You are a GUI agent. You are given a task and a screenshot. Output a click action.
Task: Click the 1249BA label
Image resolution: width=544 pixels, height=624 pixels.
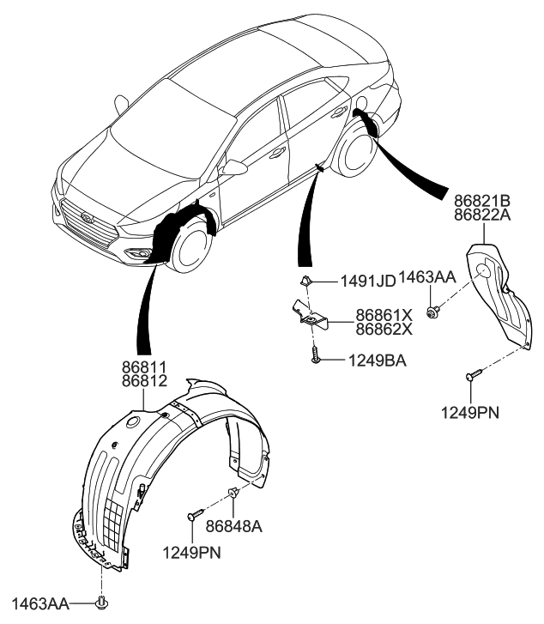[x=376, y=361]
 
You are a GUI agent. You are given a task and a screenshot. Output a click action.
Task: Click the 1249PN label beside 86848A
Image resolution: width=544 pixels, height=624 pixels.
[x=191, y=553]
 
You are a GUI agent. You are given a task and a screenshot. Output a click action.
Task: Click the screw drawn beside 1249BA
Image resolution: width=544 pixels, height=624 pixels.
[x=316, y=355]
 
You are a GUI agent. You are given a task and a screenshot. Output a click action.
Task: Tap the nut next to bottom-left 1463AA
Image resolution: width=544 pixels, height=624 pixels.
[x=103, y=602]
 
